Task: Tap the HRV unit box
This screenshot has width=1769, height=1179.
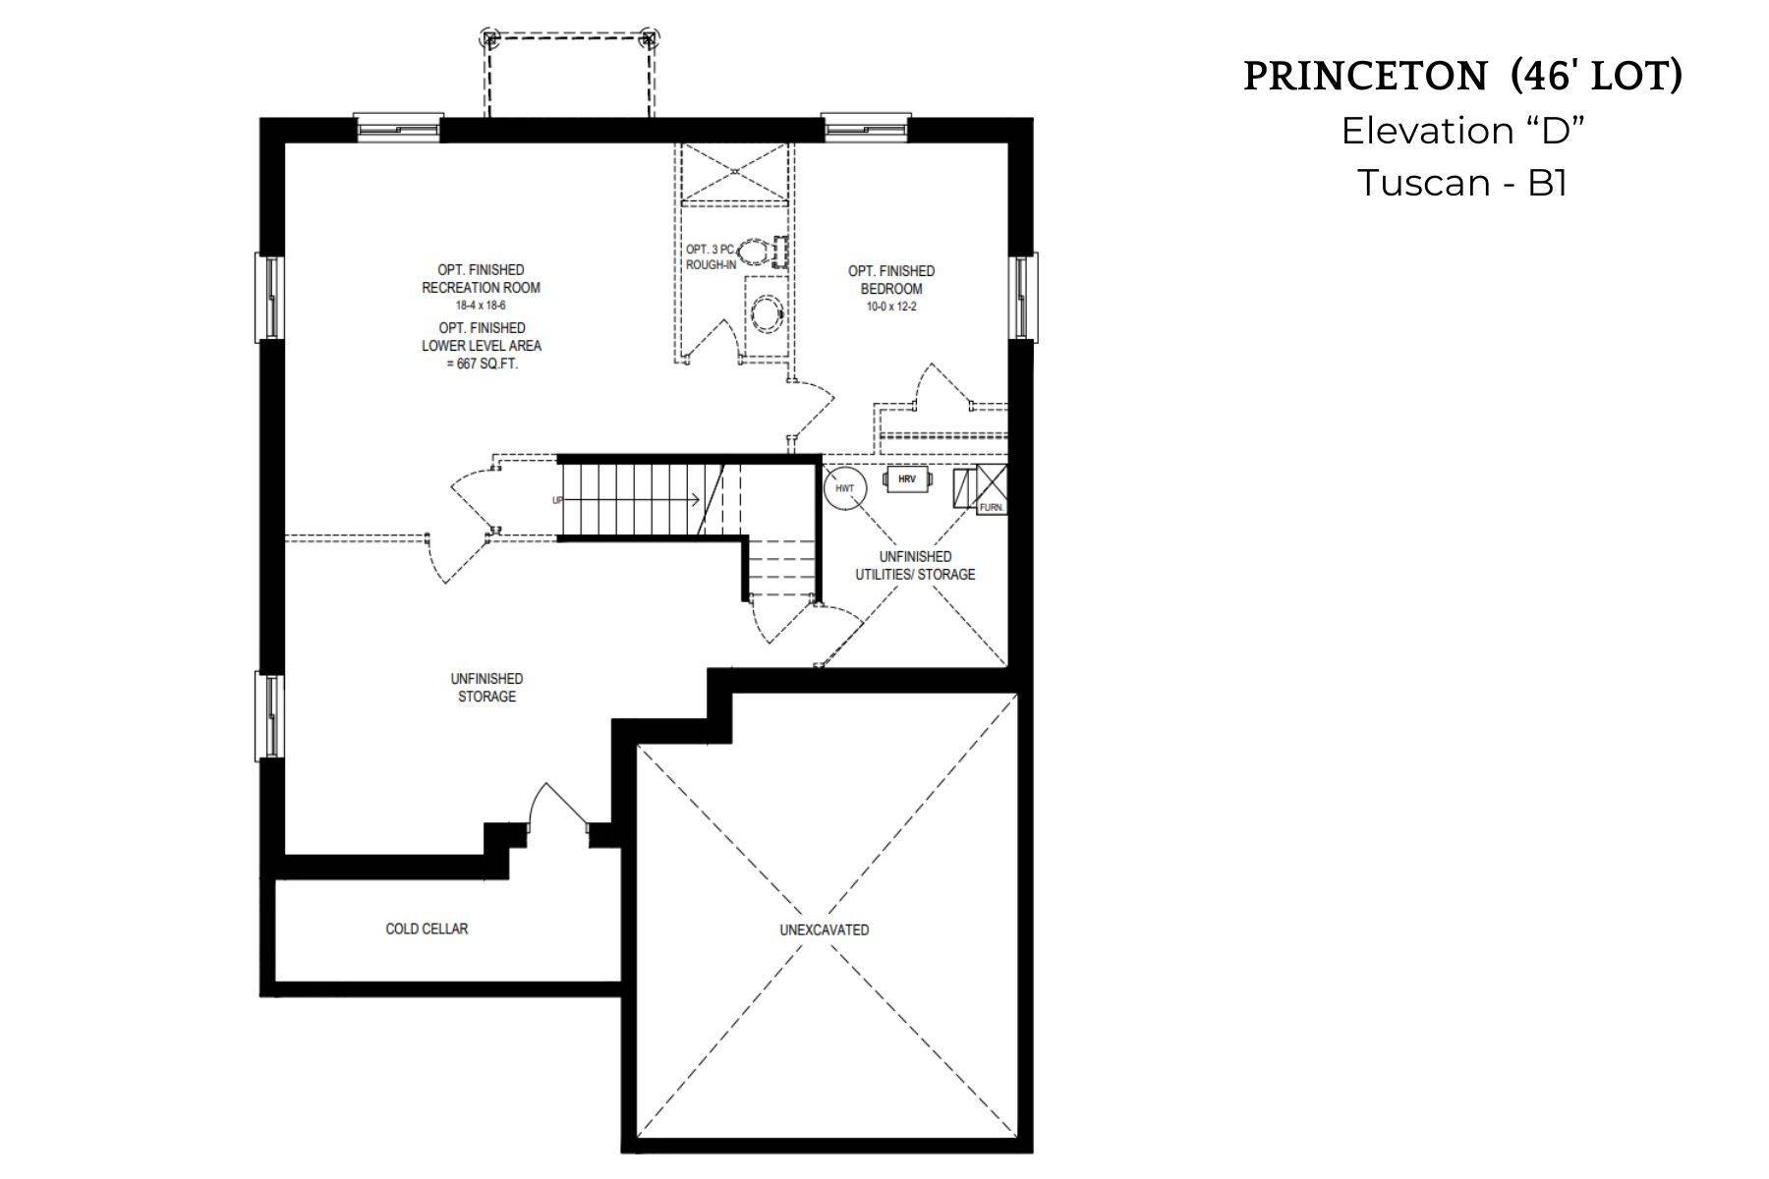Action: (907, 479)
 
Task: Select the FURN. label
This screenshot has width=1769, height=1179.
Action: (991, 508)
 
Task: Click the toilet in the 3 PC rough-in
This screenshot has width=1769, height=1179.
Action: (755, 253)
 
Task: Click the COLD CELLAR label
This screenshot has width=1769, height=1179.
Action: (427, 928)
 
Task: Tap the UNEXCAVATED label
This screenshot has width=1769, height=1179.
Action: (824, 929)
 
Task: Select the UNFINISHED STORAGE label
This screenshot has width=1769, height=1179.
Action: (486, 687)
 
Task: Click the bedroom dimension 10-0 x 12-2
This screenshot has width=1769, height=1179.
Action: (891, 307)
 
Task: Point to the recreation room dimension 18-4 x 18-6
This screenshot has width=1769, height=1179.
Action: (481, 307)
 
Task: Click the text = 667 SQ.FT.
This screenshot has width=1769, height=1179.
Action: (482, 364)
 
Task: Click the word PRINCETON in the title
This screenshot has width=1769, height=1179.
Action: (1365, 77)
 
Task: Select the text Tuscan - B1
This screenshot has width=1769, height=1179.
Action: (1461, 183)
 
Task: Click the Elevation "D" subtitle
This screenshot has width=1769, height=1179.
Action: (1463, 131)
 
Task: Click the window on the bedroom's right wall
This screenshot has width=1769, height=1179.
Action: (1023, 296)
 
